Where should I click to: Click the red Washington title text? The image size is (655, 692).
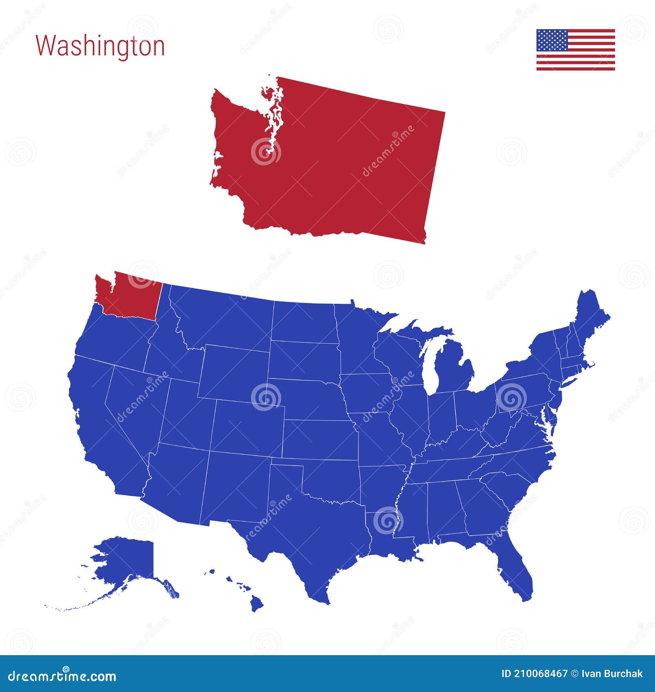click(100, 46)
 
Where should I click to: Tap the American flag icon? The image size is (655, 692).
click(576, 50)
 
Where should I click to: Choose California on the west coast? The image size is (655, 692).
click(98, 430)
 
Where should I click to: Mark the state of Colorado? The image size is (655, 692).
click(248, 428)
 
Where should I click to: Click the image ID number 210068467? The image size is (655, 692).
click(535, 674)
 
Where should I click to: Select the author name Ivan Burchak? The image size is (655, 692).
click(612, 674)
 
